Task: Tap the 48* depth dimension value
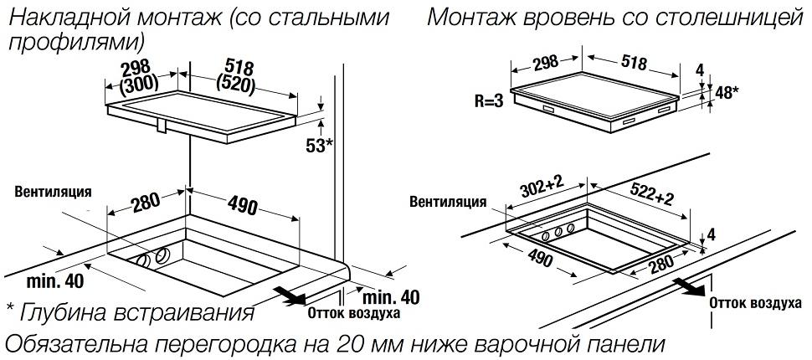coord(726,93)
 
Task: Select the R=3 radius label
coord(489,100)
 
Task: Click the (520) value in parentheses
coord(236,85)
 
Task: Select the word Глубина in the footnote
coord(63,312)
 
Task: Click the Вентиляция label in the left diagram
coord(53,192)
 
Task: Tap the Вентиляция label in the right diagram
coord(448,202)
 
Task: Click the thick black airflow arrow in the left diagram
coord(292,296)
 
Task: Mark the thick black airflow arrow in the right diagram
coord(692,287)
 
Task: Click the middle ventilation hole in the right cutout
coord(558,232)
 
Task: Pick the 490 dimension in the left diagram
coord(243,206)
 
